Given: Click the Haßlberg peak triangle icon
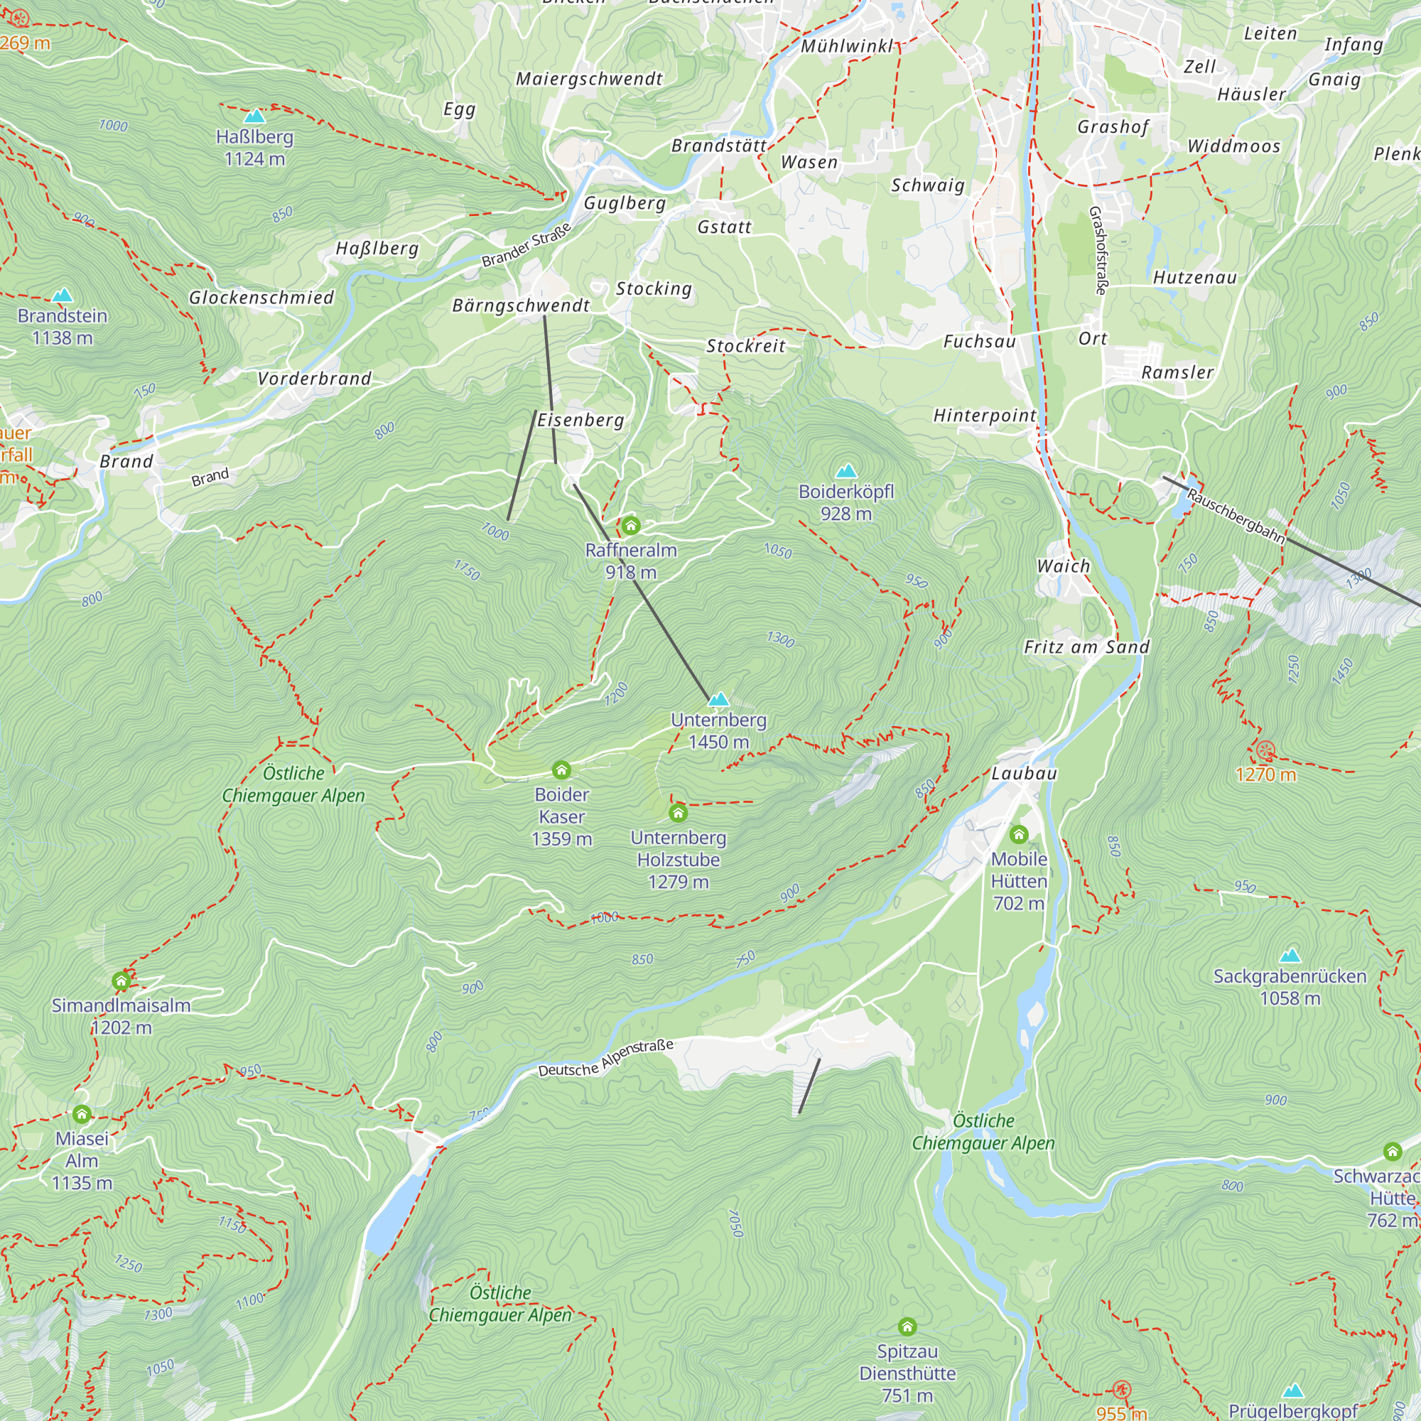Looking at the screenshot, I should tap(254, 117).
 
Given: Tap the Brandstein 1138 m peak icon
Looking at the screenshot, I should tap(63, 296).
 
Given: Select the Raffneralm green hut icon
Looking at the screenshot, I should tap(630, 525).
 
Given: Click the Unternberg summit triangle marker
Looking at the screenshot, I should tap(718, 698).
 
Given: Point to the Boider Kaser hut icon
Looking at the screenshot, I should tap(561, 770).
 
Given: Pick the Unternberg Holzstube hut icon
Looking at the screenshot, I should tap(678, 813).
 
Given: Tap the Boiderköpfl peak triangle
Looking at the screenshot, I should tap(847, 471).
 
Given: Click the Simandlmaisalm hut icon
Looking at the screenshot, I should tap(121, 980).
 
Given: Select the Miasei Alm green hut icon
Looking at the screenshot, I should tap(82, 1114).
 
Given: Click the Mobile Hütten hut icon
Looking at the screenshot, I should tap(1019, 834).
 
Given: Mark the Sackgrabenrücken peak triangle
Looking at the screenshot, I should tap(1290, 956).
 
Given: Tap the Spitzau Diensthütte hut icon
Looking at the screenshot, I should tap(907, 1327).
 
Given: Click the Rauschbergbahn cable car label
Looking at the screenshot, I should tap(1236, 517).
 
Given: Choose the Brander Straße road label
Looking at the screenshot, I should tap(526, 246).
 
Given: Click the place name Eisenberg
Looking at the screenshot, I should tap(580, 420).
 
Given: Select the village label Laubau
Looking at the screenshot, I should tap(1024, 773).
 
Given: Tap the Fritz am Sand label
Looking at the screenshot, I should tap(1086, 647).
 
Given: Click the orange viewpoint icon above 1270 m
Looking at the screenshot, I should tap(1265, 751).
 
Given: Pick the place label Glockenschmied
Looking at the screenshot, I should tap(261, 297).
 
